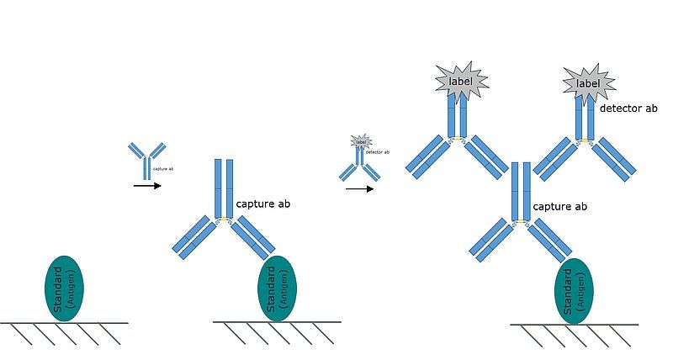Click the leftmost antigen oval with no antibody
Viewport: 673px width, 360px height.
pos(63,289)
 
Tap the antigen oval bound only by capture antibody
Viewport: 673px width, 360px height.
pos(276,289)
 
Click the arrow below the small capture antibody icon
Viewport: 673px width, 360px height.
pos(147,185)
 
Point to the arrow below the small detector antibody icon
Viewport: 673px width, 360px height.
pos(359,188)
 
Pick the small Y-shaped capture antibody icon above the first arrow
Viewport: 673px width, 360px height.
pos(147,160)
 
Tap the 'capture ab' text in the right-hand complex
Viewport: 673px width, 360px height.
pos(559,206)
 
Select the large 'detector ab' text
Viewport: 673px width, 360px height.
pos(628,108)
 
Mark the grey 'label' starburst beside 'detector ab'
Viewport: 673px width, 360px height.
pos(587,83)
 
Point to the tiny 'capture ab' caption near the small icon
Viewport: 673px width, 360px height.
pos(164,169)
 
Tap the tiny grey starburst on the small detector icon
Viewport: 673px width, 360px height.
pos(361,141)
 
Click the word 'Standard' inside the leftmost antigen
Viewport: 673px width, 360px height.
pos(57,289)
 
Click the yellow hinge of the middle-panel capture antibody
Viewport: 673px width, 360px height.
pos(224,221)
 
